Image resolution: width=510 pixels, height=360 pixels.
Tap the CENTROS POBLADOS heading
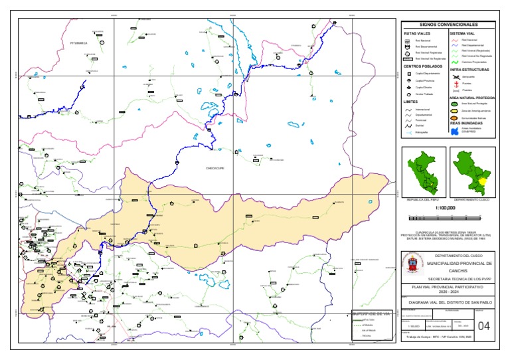click(x=422, y=66)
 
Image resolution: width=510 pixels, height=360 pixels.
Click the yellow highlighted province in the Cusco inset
click(x=484, y=180)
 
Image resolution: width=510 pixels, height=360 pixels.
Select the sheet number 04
click(x=483, y=325)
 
